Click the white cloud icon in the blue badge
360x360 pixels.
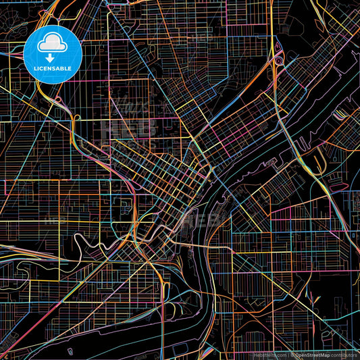tap(52, 44)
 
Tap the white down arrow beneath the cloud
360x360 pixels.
tap(52, 57)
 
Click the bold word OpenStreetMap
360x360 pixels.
tap(311, 355)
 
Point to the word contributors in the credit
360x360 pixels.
tap(343, 355)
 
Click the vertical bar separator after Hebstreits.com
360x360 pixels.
tap(288, 355)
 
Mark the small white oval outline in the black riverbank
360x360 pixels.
tap(70, 352)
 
